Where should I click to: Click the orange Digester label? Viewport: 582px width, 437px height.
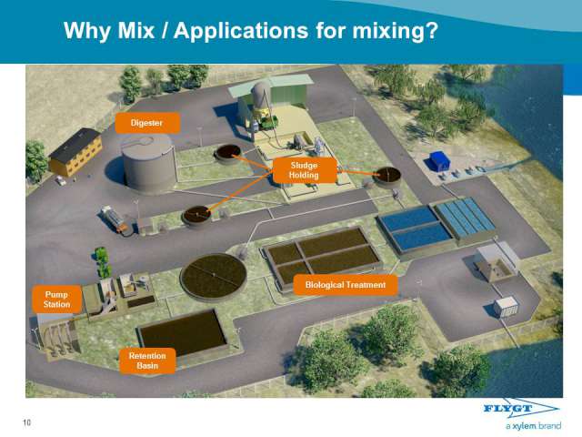[147, 123]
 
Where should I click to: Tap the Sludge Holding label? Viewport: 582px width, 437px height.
[305, 170]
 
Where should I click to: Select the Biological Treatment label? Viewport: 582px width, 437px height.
[346, 285]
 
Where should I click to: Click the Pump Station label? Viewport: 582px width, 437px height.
[56, 300]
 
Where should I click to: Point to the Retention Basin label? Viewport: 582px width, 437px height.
[147, 361]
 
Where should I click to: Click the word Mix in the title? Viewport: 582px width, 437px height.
[135, 30]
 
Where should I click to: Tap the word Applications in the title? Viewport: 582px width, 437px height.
[241, 31]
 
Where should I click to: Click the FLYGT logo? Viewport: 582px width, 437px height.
[521, 409]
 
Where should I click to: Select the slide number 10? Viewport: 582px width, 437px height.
[26, 422]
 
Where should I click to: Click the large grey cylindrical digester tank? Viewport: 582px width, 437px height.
[149, 164]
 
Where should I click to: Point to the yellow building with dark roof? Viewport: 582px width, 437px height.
[76, 152]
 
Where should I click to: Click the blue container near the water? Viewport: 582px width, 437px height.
[440, 160]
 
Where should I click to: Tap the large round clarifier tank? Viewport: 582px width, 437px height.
[214, 277]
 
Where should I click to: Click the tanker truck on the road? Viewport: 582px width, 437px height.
[114, 218]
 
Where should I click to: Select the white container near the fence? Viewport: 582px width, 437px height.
[506, 307]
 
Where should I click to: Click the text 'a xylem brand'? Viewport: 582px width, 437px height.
[534, 426]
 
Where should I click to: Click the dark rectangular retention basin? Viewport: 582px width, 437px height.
[183, 332]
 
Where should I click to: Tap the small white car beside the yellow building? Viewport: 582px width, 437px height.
[60, 180]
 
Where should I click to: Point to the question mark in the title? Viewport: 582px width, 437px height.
[431, 30]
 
